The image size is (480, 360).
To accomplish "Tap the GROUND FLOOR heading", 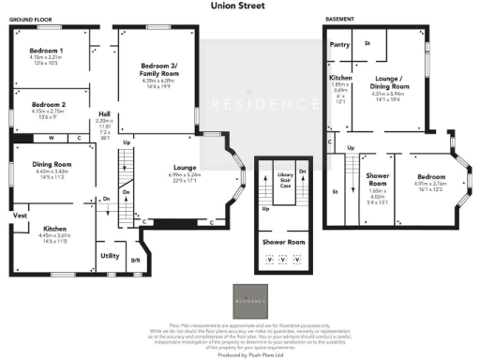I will tap(29, 19).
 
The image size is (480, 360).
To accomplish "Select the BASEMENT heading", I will tap(338, 19).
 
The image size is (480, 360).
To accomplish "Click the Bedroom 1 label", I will tap(46, 50).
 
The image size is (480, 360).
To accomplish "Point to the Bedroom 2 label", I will tap(46, 104).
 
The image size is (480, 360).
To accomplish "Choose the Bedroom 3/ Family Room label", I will tap(157, 65).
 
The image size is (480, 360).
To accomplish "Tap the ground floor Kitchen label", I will tap(54, 228).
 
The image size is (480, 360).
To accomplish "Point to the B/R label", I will tap(134, 259).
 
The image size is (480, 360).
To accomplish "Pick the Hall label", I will tap(105, 114).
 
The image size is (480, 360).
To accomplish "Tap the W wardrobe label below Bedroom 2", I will tap(50, 138).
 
